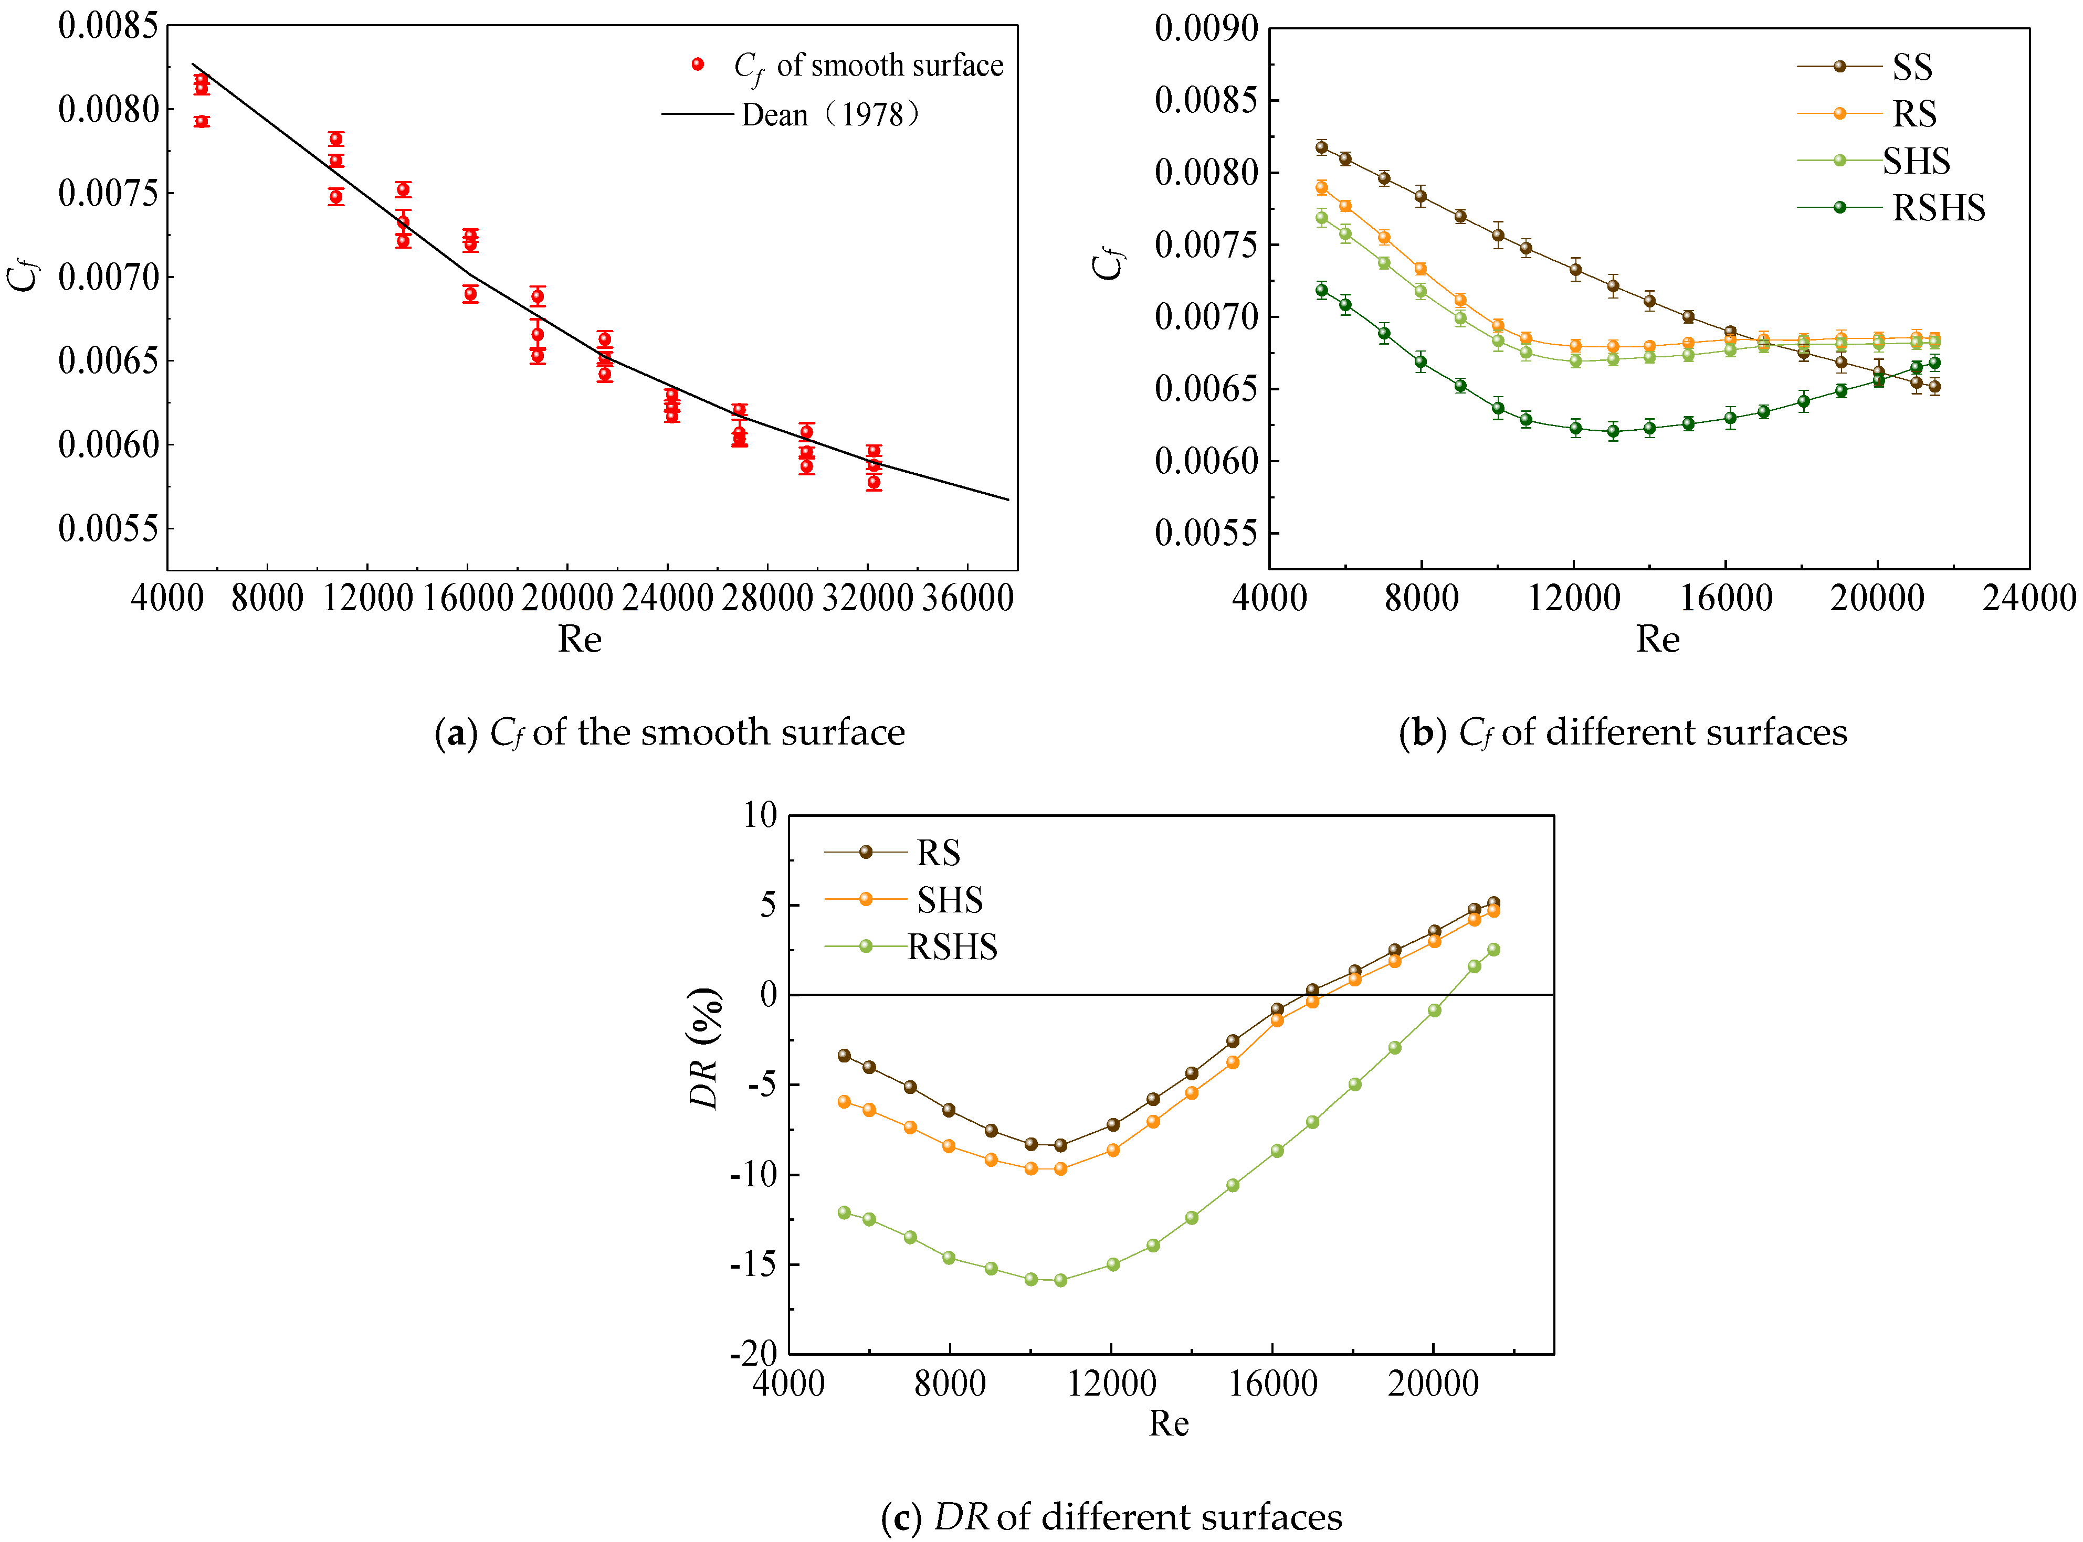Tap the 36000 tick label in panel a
pyautogui.click(x=968, y=598)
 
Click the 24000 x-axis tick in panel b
pyautogui.click(x=2028, y=598)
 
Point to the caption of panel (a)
pyautogui.click(x=669, y=733)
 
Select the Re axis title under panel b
pyautogui.click(x=1657, y=640)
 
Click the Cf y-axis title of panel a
pyautogui.click(x=23, y=277)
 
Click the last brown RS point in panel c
pyautogui.click(x=1493, y=902)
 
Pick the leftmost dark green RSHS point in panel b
pyautogui.click(x=1321, y=290)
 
